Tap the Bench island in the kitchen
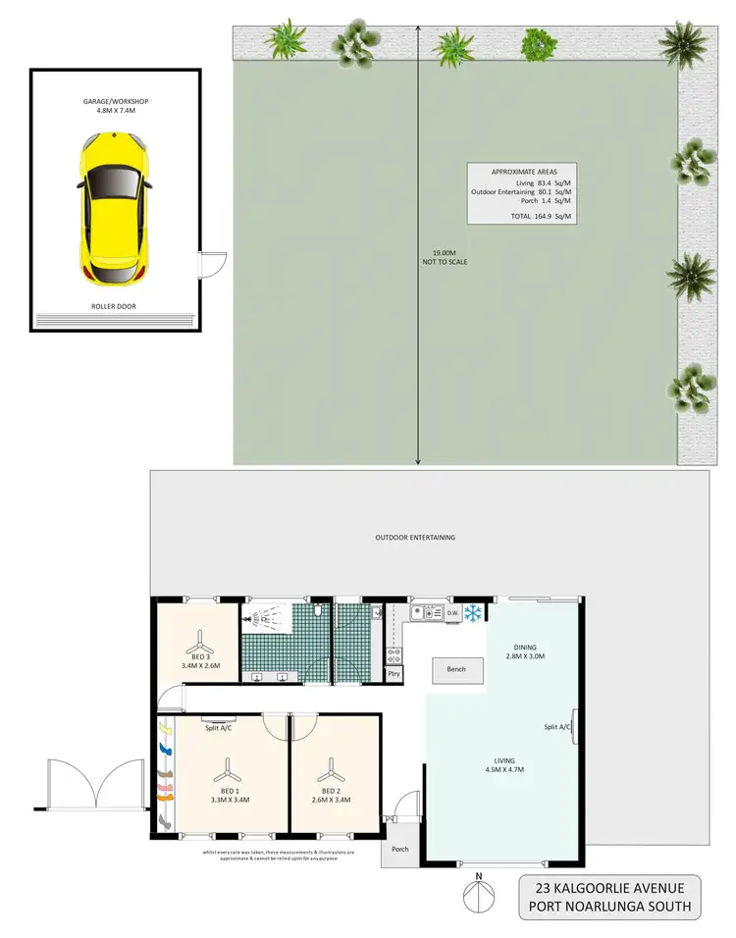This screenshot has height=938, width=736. coord(455,670)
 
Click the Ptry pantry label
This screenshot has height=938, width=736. coord(394,674)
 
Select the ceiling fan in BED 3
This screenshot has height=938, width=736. coord(199,639)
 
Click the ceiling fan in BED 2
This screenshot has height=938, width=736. coord(332,767)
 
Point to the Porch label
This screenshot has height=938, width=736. coord(399,849)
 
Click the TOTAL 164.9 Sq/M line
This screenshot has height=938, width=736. coord(534,216)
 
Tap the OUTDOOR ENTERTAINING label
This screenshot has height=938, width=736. coord(415,538)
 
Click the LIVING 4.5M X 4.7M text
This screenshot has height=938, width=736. coord(504,764)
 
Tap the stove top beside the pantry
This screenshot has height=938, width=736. coord(394,654)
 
